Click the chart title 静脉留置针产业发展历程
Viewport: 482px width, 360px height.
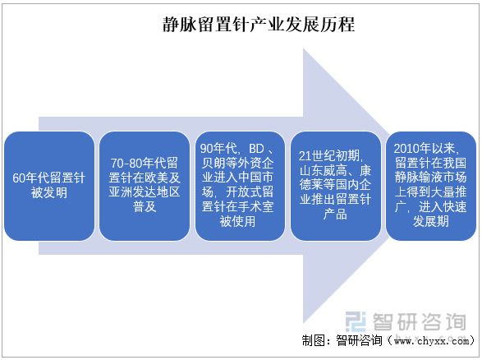[259, 25]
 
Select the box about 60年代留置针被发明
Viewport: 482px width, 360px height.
[49, 186]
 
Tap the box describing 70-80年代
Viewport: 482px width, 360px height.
[145, 186]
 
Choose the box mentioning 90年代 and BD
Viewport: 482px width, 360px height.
[240, 186]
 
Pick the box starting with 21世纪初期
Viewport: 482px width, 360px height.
[335, 186]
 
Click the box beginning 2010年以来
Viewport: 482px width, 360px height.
[430, 186]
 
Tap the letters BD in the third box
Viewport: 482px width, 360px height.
[256, 149]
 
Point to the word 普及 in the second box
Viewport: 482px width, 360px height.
[145, 207]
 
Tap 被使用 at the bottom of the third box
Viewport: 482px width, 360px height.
[237, 222]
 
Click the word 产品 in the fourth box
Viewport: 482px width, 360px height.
[335, 215]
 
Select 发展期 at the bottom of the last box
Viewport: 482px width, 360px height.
[430, 222]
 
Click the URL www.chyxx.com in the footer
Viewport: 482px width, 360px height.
[432, 341]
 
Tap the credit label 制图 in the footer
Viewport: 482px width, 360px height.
[313, 340]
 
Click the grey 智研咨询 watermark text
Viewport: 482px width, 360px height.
[420, 322]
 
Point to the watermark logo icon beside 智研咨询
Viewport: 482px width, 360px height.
[356, 322]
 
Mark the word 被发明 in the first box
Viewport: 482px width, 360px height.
[49, 193]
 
